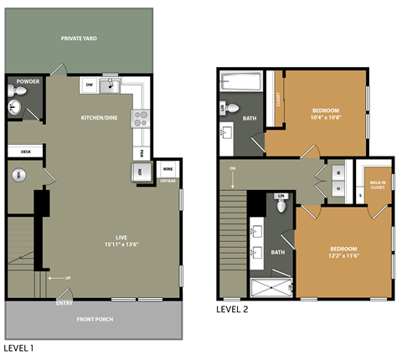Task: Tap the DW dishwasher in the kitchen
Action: point(89,85)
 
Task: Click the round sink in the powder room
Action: point(14,106)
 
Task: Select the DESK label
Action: point(24,152)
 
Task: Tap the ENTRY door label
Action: point(64,302)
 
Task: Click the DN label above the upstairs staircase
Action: point(232,170)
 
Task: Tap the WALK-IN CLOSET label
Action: point(377,186)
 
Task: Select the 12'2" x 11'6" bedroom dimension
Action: point(343,256)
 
